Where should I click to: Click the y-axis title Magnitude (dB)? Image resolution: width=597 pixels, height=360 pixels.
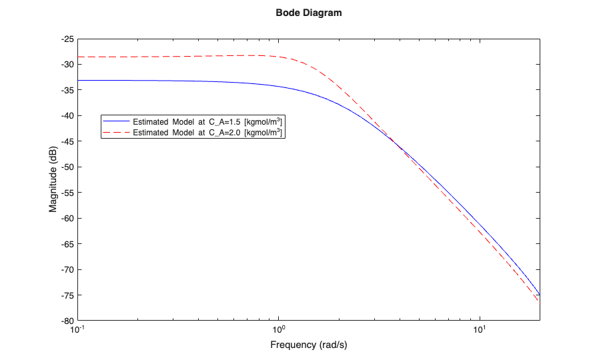click(x=53, y=179)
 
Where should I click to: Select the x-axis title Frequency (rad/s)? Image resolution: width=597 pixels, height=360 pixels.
click(x=309, y=345)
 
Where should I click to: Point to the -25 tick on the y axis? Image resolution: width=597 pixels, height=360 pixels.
click(x=67, y=39)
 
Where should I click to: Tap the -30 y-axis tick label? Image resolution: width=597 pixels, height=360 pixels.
click(x=67, y=65)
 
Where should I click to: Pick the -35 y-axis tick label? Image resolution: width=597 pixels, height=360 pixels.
click(x=67, y=90)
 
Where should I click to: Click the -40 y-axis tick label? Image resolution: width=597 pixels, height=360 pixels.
click(x=67, y=116)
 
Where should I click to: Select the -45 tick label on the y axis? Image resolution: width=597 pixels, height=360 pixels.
click(x=67, y=141)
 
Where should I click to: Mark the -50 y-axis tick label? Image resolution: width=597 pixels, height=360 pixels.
click(x=67, y=167)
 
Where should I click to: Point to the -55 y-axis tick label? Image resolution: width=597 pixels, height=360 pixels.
click(x=67, y=193)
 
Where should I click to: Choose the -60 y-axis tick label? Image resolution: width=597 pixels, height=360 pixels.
click(x=67, y=219)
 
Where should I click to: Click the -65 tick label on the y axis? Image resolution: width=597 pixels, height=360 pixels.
click(x=67, y=244)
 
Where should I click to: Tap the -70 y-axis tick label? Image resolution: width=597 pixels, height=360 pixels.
click(x=67, y=270)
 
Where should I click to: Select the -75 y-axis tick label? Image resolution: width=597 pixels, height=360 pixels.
click(x=67, y=295)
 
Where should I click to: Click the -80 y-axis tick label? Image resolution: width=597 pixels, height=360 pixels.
click(x=67, y=321)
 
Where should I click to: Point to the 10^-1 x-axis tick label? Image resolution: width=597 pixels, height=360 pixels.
click(x=78, y=330)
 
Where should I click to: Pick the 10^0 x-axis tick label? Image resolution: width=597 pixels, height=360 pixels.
click(x=279, y=330)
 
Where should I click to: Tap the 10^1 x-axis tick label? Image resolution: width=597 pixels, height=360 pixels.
click(x=480, y=330)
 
